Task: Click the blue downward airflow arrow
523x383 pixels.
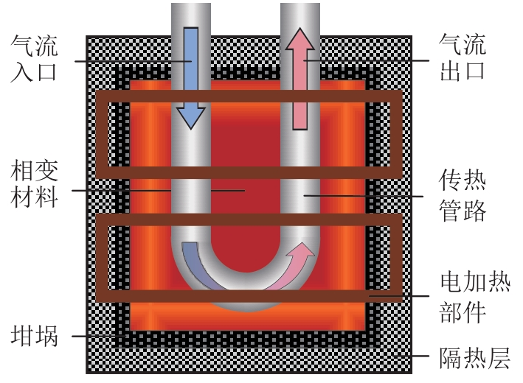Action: pos(190,74)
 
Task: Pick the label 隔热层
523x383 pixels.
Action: pos(472,359)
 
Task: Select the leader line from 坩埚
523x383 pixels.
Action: pos(96,337)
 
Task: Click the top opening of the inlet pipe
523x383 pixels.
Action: pos(190,6)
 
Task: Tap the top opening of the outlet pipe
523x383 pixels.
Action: pos(299,6)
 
